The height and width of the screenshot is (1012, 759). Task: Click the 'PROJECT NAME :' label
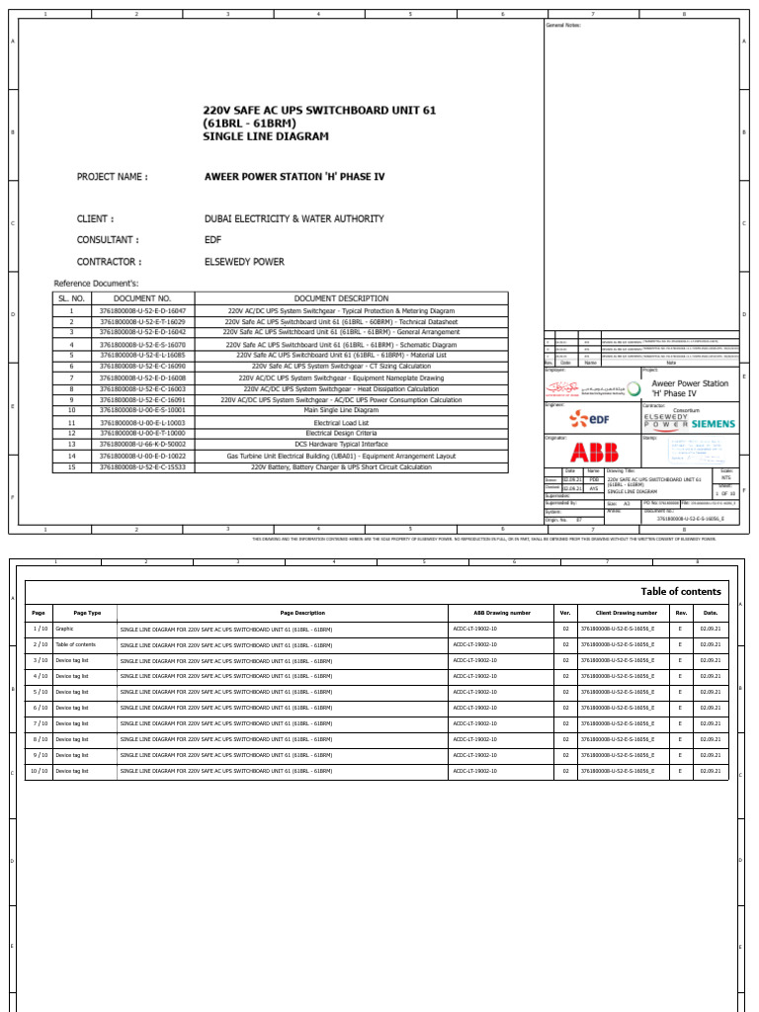(x=113, y=177)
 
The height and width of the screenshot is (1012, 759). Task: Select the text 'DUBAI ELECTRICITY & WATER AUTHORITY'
(x=294, y=218)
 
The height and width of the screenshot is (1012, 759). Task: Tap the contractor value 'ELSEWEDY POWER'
(x=244, y=262)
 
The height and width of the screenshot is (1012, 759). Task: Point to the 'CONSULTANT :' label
(x=109, y=240)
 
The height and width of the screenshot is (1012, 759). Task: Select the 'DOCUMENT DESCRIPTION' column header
(x=341, y=297)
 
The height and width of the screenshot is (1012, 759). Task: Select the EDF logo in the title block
(x=590, y=419)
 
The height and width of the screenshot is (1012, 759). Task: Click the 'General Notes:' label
(x=563, y=25)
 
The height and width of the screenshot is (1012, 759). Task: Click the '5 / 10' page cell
(x=40, y=692)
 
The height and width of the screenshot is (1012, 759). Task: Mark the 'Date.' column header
(x=710, y=613)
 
